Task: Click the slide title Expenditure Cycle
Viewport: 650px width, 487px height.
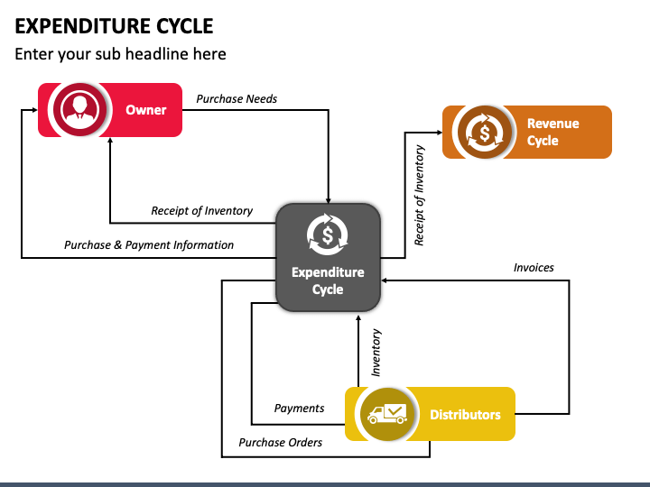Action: click(114, 26)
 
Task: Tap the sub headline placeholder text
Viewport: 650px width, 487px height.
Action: click(121, 54)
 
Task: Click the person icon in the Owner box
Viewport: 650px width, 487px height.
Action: click(80, 110)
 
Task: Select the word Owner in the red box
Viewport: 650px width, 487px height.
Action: click(146, 110)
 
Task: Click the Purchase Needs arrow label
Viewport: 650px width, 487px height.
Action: click(237, 99)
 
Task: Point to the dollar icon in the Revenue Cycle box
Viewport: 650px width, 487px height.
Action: click(484, 132)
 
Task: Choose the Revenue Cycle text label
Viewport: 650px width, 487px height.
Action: click(553, 132)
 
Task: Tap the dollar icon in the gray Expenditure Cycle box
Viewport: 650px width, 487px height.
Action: click(328, 234)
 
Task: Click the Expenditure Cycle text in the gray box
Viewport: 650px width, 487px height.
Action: click(328, 280)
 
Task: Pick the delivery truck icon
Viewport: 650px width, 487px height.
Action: click(387, 414)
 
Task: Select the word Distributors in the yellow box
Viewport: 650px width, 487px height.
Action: click(465, 415)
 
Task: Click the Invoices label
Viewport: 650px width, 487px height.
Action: click(534, 268)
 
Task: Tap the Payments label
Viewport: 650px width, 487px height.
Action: click(299, 409)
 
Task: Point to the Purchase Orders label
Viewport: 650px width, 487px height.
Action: click(280, 442)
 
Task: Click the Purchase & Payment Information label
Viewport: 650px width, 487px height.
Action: click(149, 244)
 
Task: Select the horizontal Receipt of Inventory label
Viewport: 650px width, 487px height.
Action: click(201, 211)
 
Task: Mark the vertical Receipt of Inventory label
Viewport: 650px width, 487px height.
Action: click(420, 195)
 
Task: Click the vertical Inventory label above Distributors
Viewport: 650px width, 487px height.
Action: click(376, 353)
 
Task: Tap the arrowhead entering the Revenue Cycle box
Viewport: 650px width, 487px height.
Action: click(440, 132)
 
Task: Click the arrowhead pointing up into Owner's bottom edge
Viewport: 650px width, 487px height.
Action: click(110, 141)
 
